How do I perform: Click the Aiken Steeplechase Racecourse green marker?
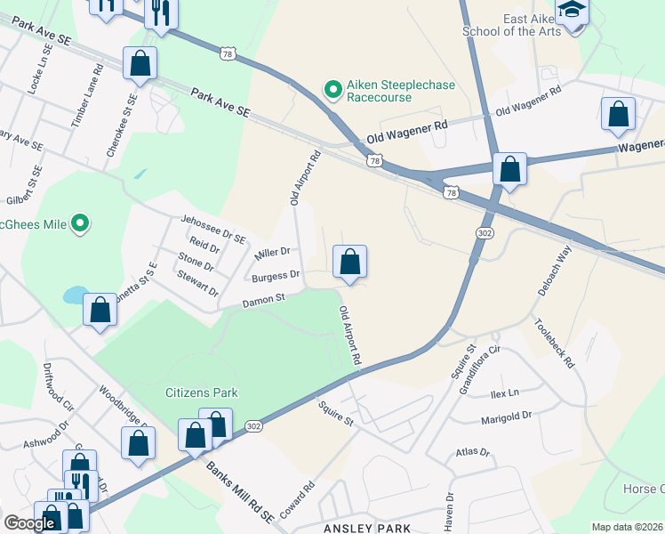point(332,89)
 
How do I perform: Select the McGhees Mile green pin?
point(81,223)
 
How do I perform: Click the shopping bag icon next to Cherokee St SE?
point(140,64)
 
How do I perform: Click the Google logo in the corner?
point(29,522)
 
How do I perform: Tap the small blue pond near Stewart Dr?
point(76,295)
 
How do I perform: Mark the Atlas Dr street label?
point(472,453)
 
